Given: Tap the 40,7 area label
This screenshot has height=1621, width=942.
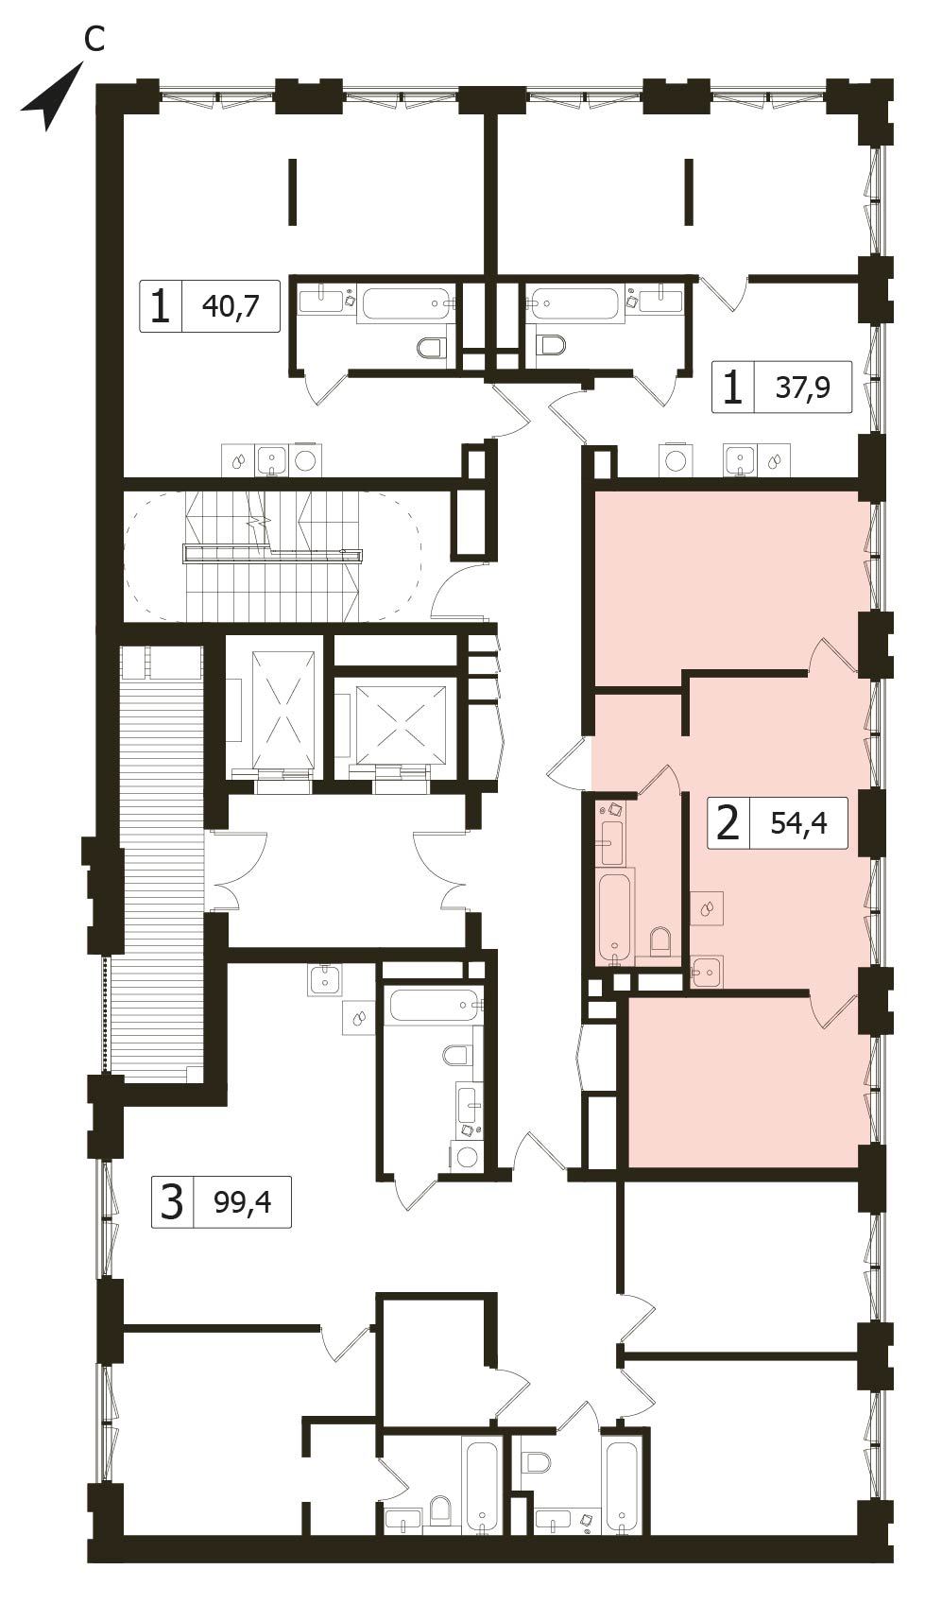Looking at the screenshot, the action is pyautogui.click(x=230, y=306).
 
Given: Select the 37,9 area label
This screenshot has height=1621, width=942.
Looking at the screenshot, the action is pyautogui.click(x=802, y=387).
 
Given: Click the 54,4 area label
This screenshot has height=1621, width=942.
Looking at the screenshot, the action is pyautogui.click(x=798, y=822).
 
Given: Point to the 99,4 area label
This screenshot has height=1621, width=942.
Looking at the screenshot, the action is pyautogui.click(x=243, y=1201).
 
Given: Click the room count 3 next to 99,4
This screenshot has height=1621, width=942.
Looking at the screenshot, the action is pyautogui.click(x=172, y=1202).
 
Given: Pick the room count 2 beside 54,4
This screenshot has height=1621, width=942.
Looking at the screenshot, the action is pyautogui.click(x=728, y=822).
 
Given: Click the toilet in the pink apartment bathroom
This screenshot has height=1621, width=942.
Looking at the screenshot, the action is pyautogui.click(x=660, y=941).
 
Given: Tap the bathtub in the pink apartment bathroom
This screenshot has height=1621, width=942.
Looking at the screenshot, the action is pyautogui.click(x=615, y=915).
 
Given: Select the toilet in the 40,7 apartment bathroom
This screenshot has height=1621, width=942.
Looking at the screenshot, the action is pyautogui.click(x=431, y=348).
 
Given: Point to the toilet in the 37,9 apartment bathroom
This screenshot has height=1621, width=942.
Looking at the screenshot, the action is pyautogui.click(x=551, y=344).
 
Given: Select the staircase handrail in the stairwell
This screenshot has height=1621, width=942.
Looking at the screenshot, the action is pyautogui.click(x=273, y=554).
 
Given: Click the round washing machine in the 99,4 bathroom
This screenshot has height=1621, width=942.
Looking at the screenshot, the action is pyautogui.click(x=465, y=1155).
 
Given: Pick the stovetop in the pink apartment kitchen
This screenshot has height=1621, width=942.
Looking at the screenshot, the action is pyautogui.click(x=707, y=908).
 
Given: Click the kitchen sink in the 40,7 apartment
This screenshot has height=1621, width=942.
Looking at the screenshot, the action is pyautogui.click(x=272, y=460).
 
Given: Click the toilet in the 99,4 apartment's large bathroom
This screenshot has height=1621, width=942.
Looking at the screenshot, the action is pyautogui.click(x=456, y=1055).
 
